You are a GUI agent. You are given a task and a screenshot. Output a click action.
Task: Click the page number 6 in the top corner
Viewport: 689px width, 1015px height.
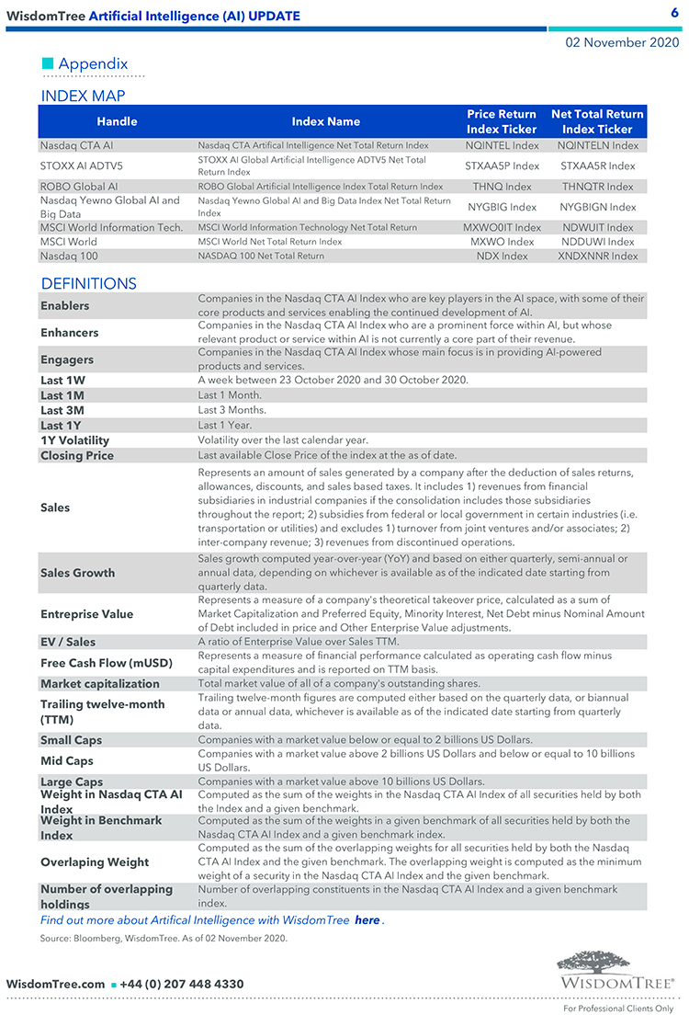coord(673,12)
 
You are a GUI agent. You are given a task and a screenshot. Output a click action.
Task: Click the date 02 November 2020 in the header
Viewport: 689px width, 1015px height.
coord(622,42)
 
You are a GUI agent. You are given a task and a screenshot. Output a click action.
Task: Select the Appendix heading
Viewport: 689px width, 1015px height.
coord(93,63)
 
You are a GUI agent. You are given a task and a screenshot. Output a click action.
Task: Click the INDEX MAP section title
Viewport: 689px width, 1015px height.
coord(83,96)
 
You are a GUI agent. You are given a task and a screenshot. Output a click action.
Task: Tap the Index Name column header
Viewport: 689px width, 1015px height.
coord(325,121)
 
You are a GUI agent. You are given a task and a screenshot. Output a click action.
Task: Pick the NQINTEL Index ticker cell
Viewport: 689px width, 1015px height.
coord(502,145)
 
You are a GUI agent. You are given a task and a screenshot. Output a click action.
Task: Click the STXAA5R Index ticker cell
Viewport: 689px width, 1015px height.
coord(597,165)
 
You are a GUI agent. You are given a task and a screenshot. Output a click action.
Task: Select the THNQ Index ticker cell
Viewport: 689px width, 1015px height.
coord(502,187)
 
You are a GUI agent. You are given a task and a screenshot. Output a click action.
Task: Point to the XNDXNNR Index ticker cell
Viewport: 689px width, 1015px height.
coord(597,256)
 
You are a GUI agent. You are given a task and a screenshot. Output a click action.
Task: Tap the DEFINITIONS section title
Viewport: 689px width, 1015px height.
coord(88,283)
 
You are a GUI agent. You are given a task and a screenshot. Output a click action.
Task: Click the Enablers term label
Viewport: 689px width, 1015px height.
coord(64,305)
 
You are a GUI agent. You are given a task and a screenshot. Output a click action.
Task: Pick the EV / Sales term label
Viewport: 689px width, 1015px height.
coord(67,642)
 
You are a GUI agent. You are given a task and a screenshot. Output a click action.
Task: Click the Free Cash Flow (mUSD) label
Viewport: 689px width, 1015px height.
coord(106,663)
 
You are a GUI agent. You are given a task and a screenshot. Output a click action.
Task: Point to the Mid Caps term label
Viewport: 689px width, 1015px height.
coord(67,760)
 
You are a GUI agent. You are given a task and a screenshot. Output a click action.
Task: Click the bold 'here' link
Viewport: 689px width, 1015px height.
coord(367,920)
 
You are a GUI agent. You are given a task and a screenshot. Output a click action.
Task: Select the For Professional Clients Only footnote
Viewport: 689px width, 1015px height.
coord(618,1008)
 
